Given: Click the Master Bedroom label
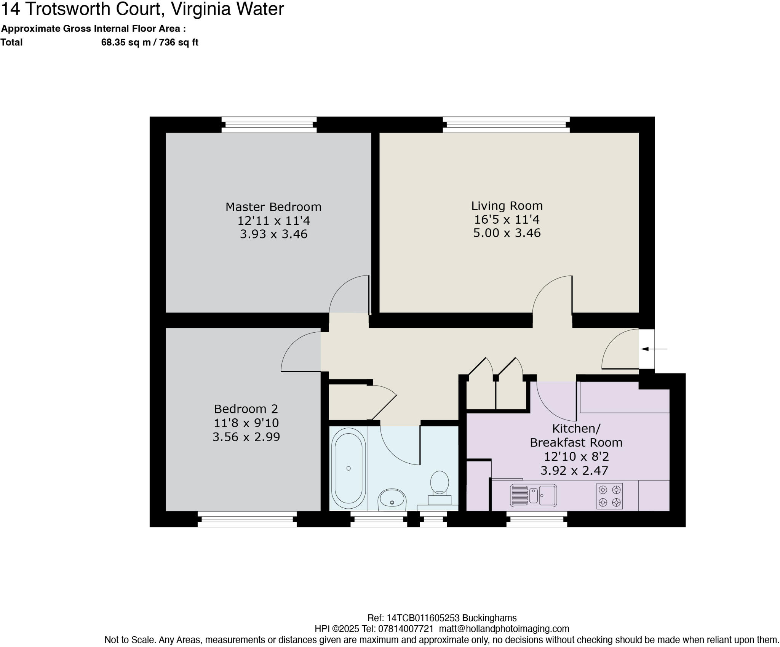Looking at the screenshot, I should [273, 207].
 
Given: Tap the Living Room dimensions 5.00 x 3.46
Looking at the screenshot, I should [507, 233].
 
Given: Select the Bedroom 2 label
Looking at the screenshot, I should [246, 409].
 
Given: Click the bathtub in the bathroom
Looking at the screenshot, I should [348, 468].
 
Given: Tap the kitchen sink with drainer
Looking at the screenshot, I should [533, 495].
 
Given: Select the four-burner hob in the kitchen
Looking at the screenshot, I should [609, 496].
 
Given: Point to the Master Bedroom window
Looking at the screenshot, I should [269, 125].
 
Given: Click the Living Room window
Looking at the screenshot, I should [506, 125].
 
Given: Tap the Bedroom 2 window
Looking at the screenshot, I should [247, 519].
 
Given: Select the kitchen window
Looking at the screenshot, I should [537, 519].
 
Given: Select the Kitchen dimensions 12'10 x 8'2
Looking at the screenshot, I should [576, 456].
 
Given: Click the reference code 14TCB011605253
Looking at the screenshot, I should [423, 618].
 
